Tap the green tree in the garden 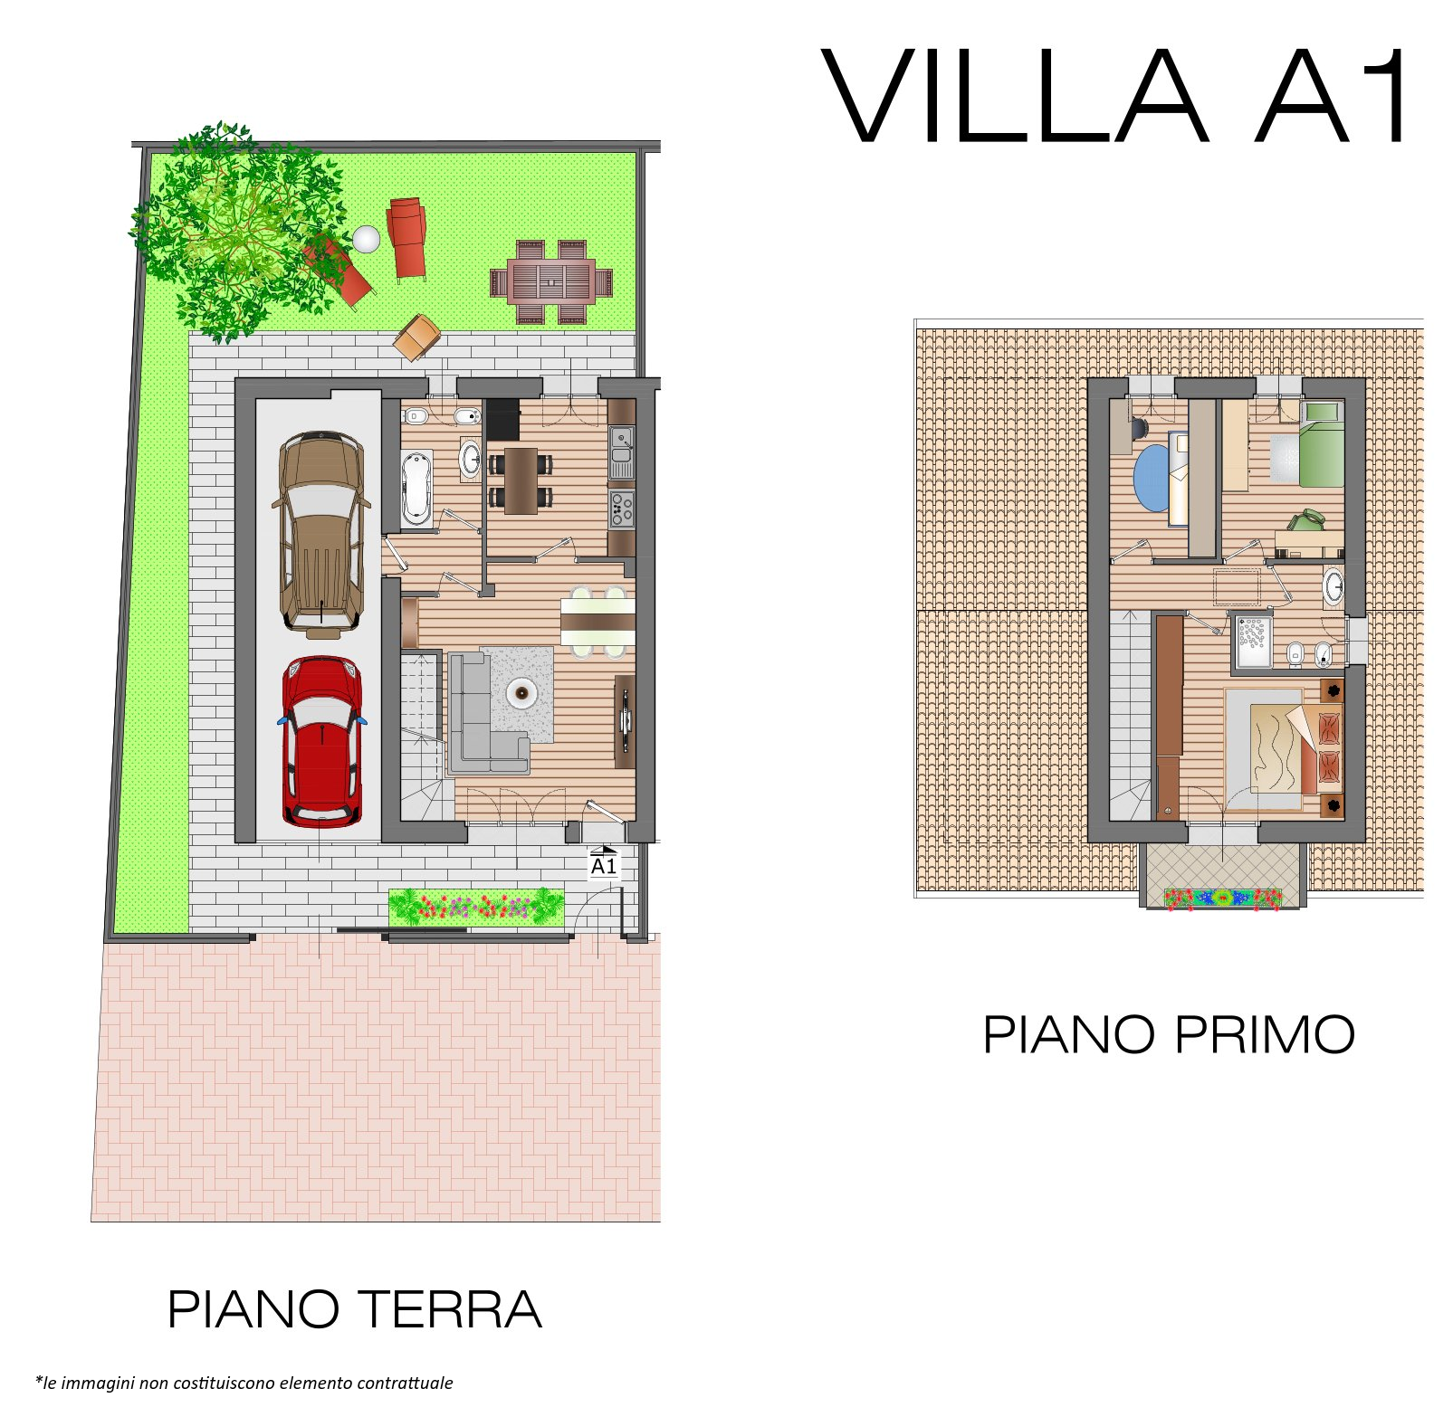pyautogui.click(x=237, y=231)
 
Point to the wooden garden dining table pyautogui.click(x=550, y=281)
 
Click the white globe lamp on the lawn pyautogui.click(x=367, y=239)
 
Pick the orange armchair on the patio pyautogui.click(x=416, y=337)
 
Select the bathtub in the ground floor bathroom pyautogui.click(x=416, y=487)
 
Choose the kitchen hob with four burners pyautogui.click(x=621, y=509)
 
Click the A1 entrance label pyautogui.click(x=604, y=866)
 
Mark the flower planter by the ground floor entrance pyautogui.click(x=476, y=907)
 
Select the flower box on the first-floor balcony pyautogui.click(x=1222, y=899)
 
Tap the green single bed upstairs pyautogui.click(x=1322, y=444)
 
